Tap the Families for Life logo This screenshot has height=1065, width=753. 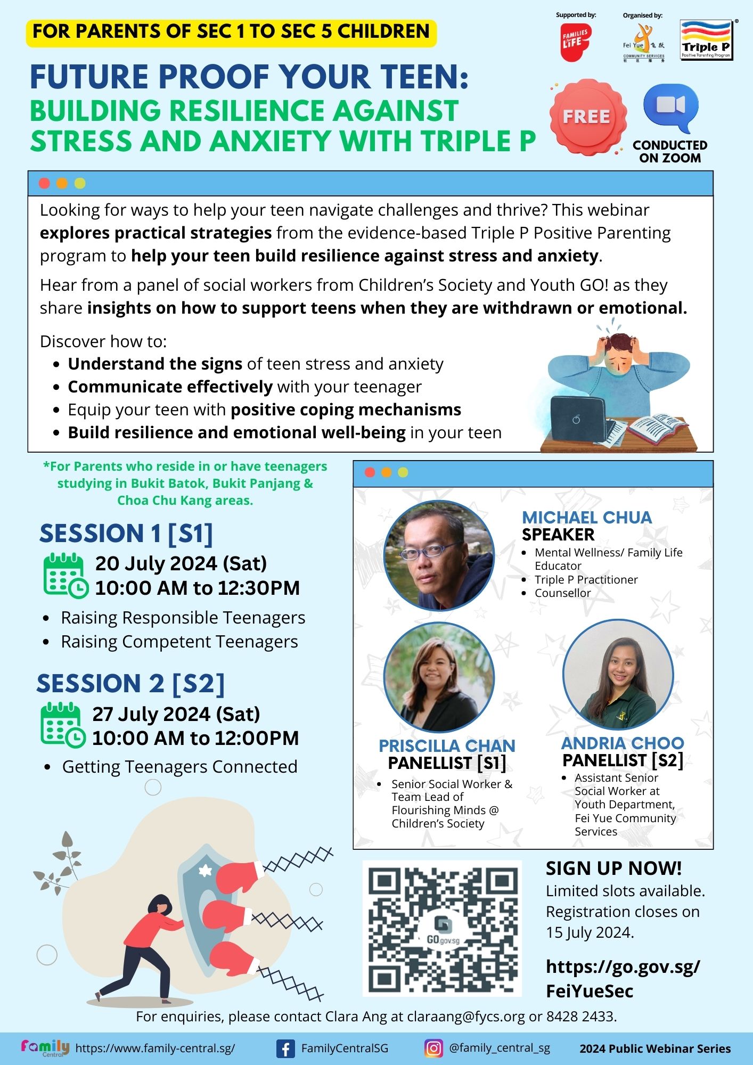[x=576, y=42]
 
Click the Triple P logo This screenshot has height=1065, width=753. [x=707, y=40]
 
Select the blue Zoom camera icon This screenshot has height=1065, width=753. [x=670, y=108]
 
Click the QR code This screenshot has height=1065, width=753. [x=442, y=928]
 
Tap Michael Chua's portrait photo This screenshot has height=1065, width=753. [x=439, y=555]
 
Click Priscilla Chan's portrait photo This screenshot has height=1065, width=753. [x=439, y=677]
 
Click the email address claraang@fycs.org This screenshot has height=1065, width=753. [x=466, y=1017]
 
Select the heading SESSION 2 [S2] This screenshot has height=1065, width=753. [x=130, y=684]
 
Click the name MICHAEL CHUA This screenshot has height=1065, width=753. [x=587, y=517]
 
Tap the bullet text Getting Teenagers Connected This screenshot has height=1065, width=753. [x=180, y=767]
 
